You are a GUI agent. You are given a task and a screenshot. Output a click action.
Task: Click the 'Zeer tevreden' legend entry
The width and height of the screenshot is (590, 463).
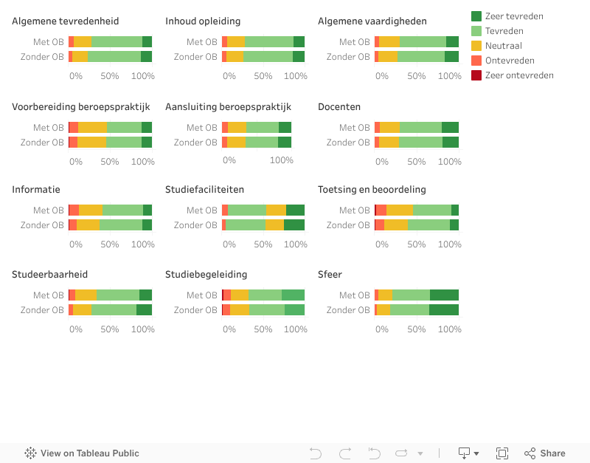pos(514,16)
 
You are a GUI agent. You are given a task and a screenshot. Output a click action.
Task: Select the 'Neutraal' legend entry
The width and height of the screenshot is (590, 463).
pos(504,46)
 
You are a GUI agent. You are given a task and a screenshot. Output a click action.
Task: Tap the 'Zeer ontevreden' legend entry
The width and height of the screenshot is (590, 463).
pos(519,75)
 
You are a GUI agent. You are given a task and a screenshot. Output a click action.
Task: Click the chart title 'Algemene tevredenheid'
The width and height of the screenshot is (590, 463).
pos(65,21)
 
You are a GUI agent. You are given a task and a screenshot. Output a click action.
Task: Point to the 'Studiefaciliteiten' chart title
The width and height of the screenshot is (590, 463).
pos(204,190)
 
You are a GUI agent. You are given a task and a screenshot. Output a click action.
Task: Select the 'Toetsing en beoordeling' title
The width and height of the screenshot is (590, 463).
pos(372,190)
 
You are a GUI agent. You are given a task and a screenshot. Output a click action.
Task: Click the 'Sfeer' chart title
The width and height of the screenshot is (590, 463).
pos(330,275)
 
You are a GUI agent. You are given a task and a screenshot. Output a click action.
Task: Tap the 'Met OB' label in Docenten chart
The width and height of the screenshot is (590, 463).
pos(355,128)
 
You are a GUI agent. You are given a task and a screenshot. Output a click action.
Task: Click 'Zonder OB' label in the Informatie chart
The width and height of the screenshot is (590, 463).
pos(42,225)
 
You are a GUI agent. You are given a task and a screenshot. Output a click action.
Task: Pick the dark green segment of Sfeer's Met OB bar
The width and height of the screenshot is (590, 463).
pos(444,295)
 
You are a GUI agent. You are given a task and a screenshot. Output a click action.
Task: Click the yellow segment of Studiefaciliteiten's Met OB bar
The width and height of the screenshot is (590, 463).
pos(276,210)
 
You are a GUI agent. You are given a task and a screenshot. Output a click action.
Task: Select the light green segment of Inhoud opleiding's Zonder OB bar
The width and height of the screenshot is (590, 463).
pos(268,57)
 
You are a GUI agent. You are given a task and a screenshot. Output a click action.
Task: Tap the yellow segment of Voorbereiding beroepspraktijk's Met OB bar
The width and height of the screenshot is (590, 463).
pos(92,128)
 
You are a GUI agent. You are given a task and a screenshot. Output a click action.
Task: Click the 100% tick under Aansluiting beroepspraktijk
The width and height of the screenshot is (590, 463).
pos(281,160)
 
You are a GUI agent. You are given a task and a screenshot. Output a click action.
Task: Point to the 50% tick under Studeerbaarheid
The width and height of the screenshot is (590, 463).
pos(109,329)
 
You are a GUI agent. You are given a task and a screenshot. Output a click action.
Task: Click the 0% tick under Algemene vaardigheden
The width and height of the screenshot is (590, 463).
pos(382,76)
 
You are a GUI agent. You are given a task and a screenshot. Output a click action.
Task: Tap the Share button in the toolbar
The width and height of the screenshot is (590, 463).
pos(545,453)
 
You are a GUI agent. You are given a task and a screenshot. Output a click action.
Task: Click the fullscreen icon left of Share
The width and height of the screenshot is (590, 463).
pos(502,453)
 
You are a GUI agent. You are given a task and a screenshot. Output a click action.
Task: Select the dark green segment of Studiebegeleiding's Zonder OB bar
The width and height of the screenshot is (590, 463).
pos(294,310)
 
